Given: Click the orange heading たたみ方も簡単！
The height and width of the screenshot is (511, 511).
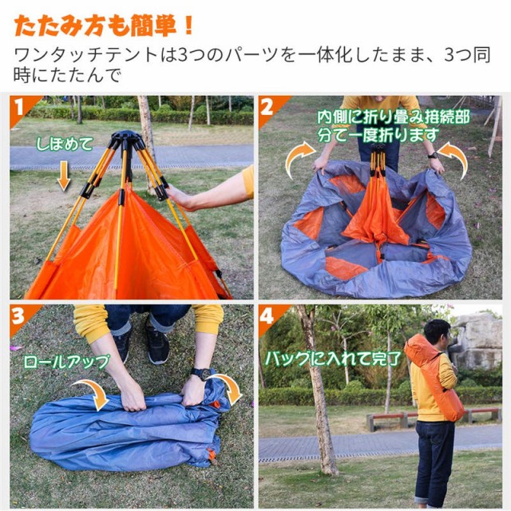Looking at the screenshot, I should click(x=104, y=26).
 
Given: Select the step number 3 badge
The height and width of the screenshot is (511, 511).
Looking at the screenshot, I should click(x=22, y=315).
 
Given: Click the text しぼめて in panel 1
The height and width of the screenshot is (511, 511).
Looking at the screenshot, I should click(x=64, y=145).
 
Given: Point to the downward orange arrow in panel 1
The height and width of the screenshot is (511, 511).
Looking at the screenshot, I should click(x=64, y=175).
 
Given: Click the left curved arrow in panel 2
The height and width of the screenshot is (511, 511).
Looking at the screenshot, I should click(x=299, y=157).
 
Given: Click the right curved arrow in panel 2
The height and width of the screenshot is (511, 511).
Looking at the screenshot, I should click(x=453, y=157).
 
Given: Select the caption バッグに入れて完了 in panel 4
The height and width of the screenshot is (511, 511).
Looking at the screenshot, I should click(x=334, y=358).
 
